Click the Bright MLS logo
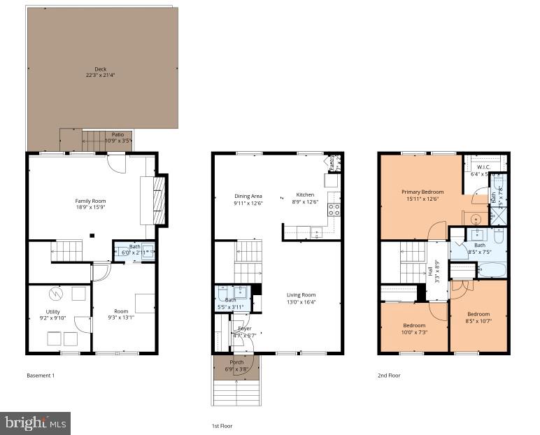[35, 422]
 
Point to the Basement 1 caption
[40, 376]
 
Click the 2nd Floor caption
[390, 376]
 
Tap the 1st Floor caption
[222, 425]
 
